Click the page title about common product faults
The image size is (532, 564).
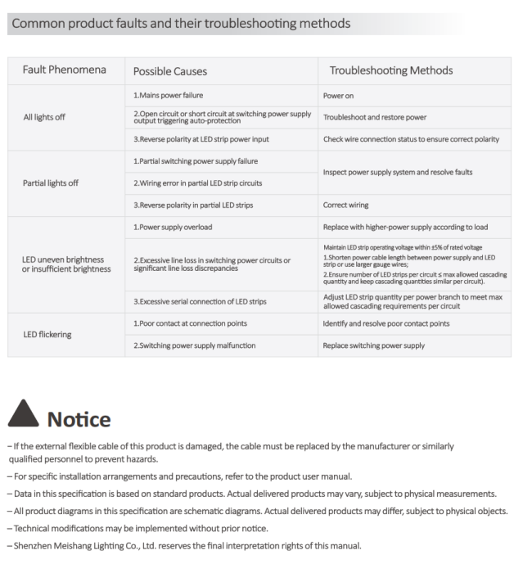click(179, 23)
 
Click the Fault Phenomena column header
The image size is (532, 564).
click(64, 70)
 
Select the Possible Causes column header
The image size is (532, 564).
click(170, 71)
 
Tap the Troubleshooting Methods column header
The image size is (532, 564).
click(391, 70)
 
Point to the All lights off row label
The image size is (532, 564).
click(44, 117)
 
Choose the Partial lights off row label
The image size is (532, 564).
click(51, 183)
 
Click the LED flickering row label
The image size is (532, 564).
click(47, 334)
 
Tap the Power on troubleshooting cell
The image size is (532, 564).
click(338, 96)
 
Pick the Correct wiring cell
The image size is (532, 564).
click(345, 205)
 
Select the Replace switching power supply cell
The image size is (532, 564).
click(373, 345)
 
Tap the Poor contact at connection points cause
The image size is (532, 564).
click(190, 323)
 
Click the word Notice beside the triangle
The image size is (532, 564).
click(79, 420)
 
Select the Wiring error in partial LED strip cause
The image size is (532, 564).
click(198, 183)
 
